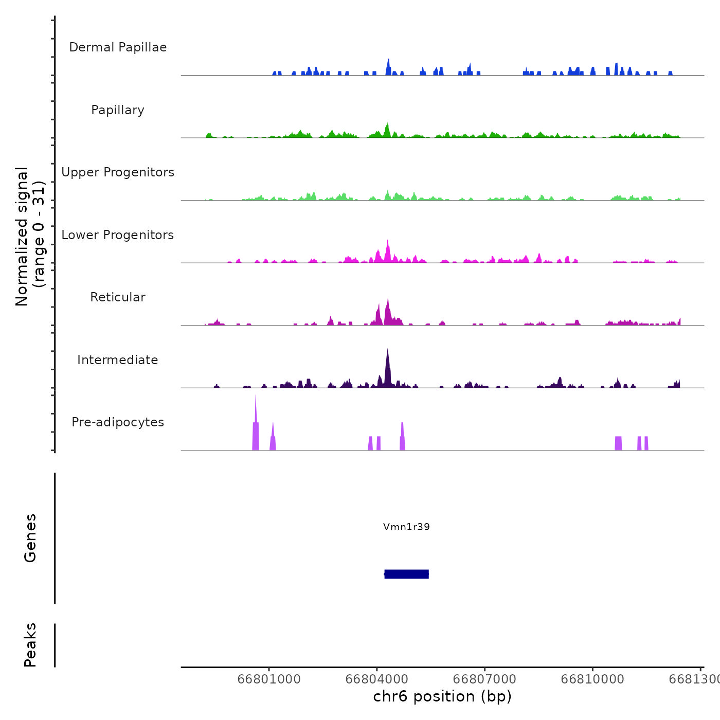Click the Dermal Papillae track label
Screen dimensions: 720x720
click(x=118, y=47)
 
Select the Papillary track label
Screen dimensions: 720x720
click(x=118, y=110)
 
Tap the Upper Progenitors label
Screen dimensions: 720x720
click(x=118, y=172)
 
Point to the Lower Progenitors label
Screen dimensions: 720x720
click(x=118, y=235)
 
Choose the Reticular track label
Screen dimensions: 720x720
click(x=118, y=297)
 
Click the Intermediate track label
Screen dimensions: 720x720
click(x=118, y=360)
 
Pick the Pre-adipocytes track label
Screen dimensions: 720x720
click(x=118, y=422)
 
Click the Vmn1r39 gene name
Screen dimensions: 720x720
click(x=406, y=527)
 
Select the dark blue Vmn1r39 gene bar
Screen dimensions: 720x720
click(x=406, y=574)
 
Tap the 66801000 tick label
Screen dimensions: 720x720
click(x=269, y=679)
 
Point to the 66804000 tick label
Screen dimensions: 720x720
click(x=377, y=679)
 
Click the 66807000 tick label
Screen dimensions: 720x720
click(x=485, y=679)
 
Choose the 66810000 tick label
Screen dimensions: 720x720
click(x=592, y=679)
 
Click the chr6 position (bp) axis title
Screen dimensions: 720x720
click(x=442, y=696)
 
